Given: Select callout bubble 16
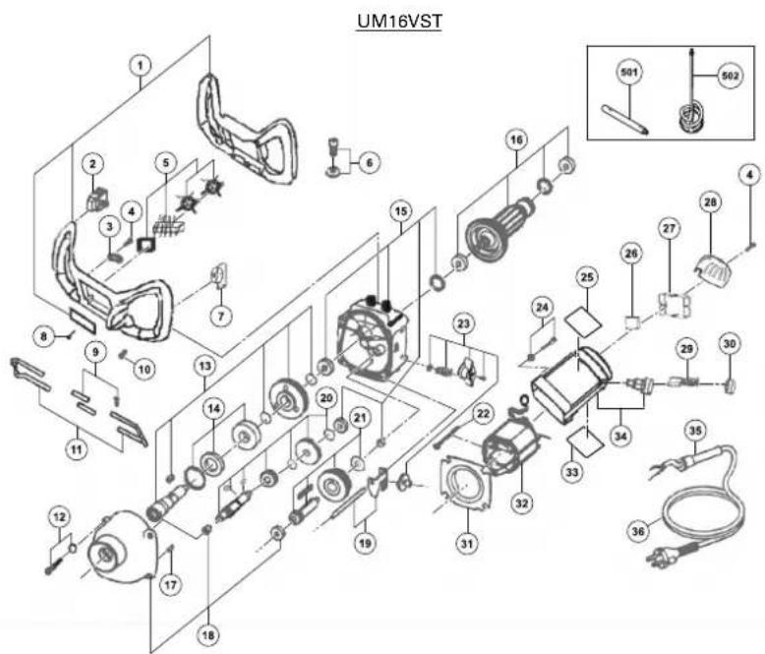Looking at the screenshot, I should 514,141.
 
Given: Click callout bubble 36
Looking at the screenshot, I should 640,530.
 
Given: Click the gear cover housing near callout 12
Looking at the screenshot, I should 120,547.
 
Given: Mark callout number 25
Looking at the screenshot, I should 587,278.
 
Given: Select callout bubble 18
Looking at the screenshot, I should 206,635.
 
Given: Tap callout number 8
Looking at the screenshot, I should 43,334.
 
